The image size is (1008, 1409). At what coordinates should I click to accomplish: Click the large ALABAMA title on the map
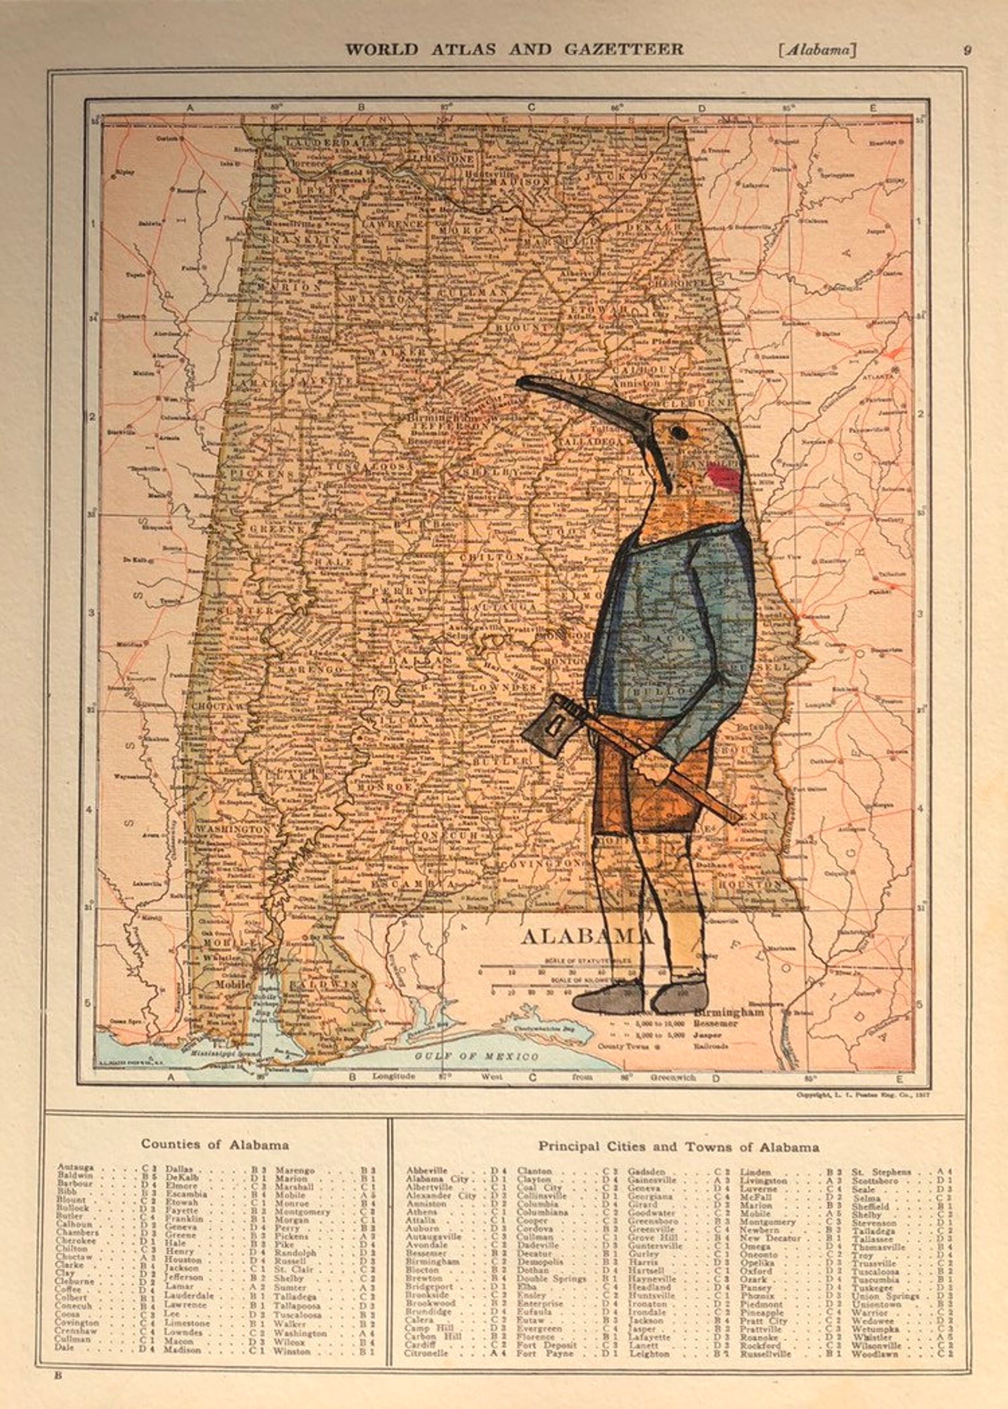point(586,935)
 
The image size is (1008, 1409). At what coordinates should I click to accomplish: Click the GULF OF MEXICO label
point(477,1056)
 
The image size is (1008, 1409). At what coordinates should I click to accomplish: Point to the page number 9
point(967,50)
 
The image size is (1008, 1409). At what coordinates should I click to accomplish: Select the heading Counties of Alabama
point(215,1145)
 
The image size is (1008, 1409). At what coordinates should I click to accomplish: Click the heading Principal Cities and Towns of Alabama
point(678,1147)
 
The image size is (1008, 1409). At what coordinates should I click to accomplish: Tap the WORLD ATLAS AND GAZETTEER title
point(514,49)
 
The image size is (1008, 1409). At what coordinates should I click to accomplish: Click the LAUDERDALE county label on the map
point(330,143)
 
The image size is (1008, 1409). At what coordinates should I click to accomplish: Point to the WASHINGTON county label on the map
point(232,829)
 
